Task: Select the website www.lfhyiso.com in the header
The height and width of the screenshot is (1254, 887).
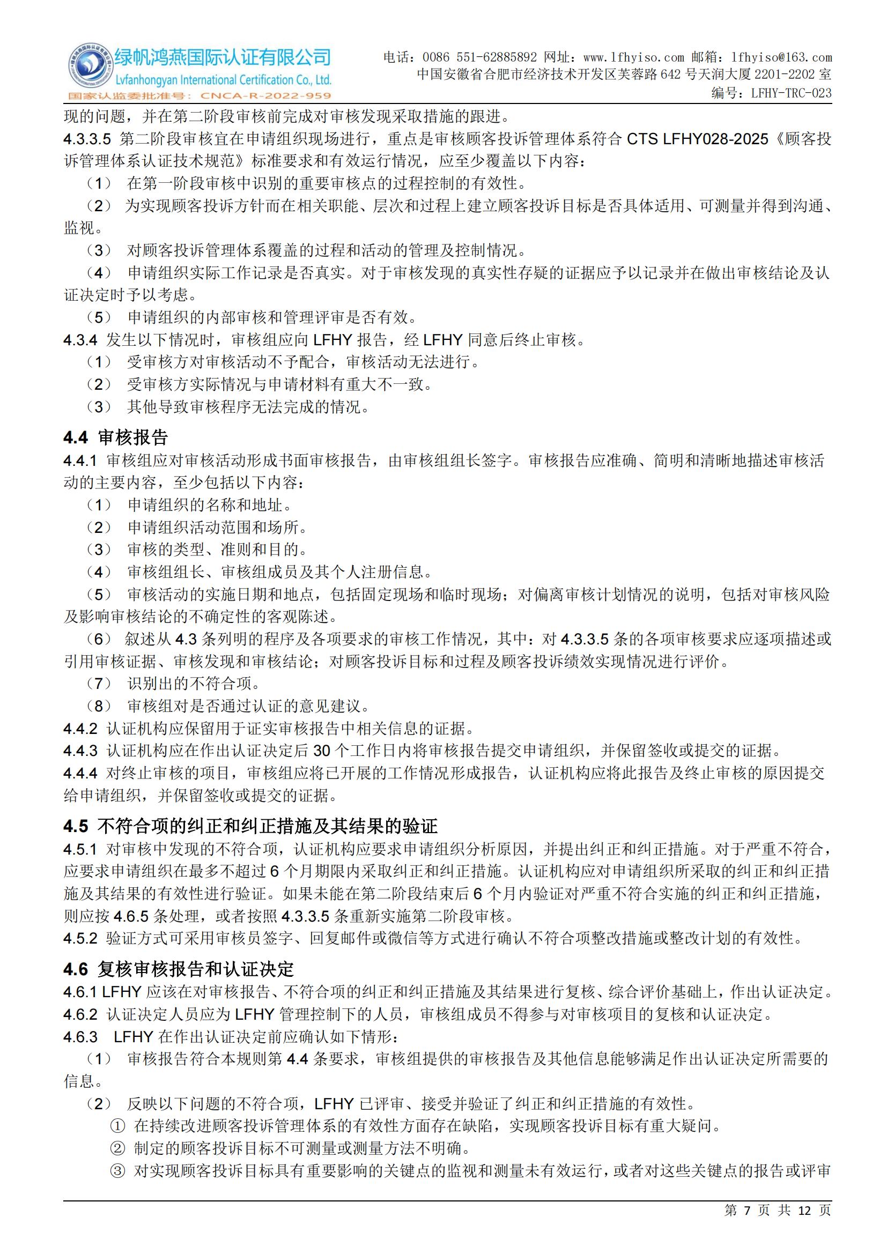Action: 633,57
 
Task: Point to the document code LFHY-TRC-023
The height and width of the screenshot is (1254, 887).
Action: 791,93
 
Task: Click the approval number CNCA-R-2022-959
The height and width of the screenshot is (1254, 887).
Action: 266,96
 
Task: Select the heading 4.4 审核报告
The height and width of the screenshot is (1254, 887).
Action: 116,437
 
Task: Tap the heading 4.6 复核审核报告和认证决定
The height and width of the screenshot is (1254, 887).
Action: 179,969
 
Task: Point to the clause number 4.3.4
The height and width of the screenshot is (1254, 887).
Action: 80,340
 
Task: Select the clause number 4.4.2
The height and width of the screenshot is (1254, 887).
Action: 80,729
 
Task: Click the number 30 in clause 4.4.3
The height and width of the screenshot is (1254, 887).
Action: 322,751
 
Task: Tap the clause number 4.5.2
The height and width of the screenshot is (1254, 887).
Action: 80,938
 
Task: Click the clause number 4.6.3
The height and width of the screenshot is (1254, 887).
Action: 80,1037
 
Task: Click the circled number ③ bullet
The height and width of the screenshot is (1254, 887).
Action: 117,1171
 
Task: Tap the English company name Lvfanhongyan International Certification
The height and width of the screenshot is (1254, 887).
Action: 223,80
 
